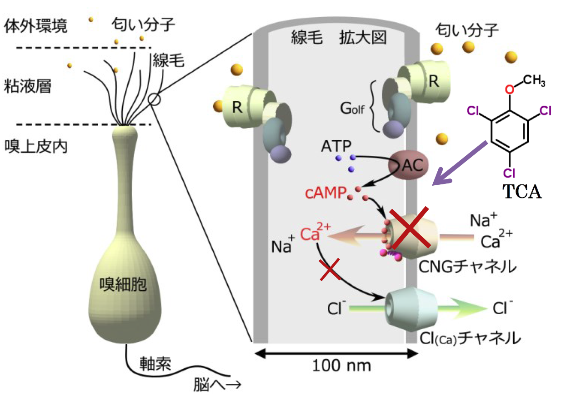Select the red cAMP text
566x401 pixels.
(x=326, y=194)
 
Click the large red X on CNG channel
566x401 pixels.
(x=411, y=228)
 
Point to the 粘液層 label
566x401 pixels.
(x=27, y=86)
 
